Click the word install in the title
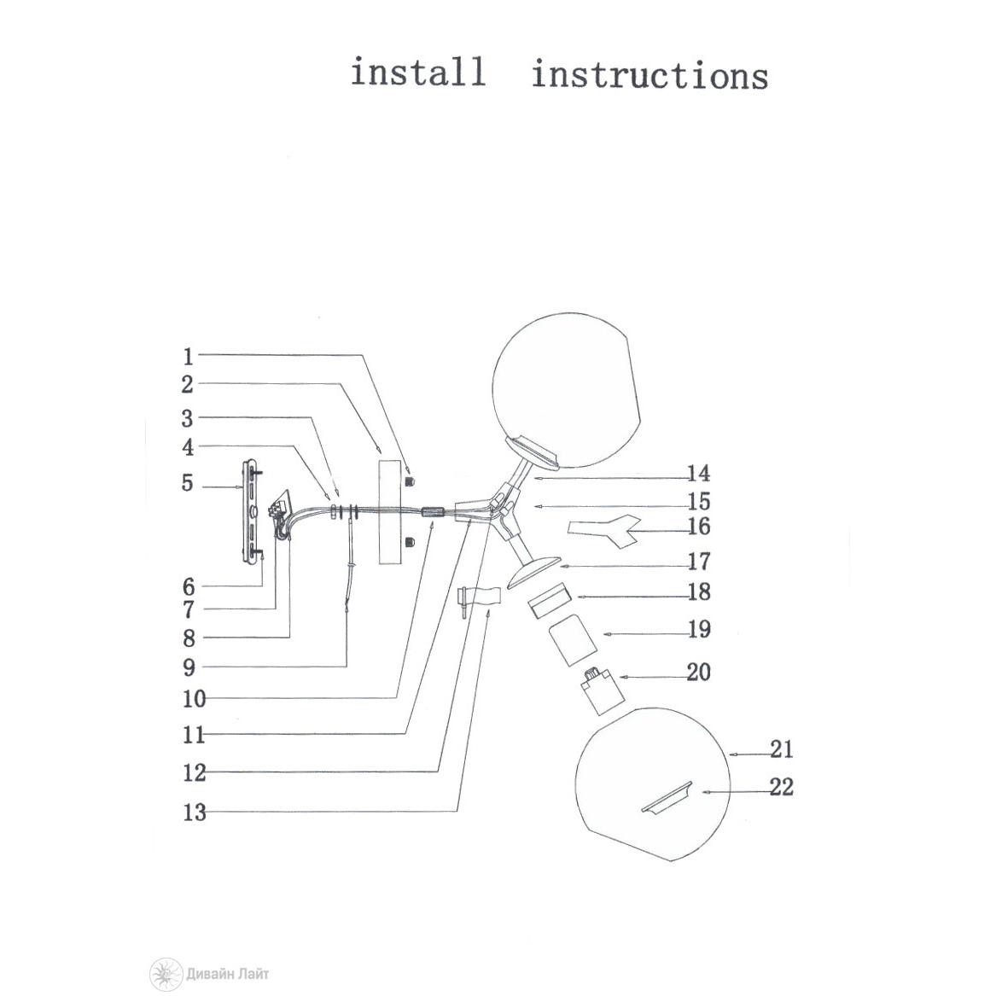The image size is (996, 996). tap(418, 72)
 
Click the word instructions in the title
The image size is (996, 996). tap(649, 75)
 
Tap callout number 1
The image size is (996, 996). tap(189, 357)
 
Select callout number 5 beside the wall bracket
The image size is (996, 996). tap(188, 484)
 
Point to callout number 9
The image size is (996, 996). tap(189, 667)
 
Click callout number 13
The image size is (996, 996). tap(195, 812)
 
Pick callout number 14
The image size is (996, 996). tap(698, 475)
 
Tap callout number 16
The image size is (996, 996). tap(698, 527)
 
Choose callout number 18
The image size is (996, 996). tap(698, 591)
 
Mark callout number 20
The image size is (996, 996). tap(698, 673)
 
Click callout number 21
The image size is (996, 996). tap(782, 750)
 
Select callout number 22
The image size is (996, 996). tap(782, 787)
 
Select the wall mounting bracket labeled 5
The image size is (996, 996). tap(253, 511)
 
